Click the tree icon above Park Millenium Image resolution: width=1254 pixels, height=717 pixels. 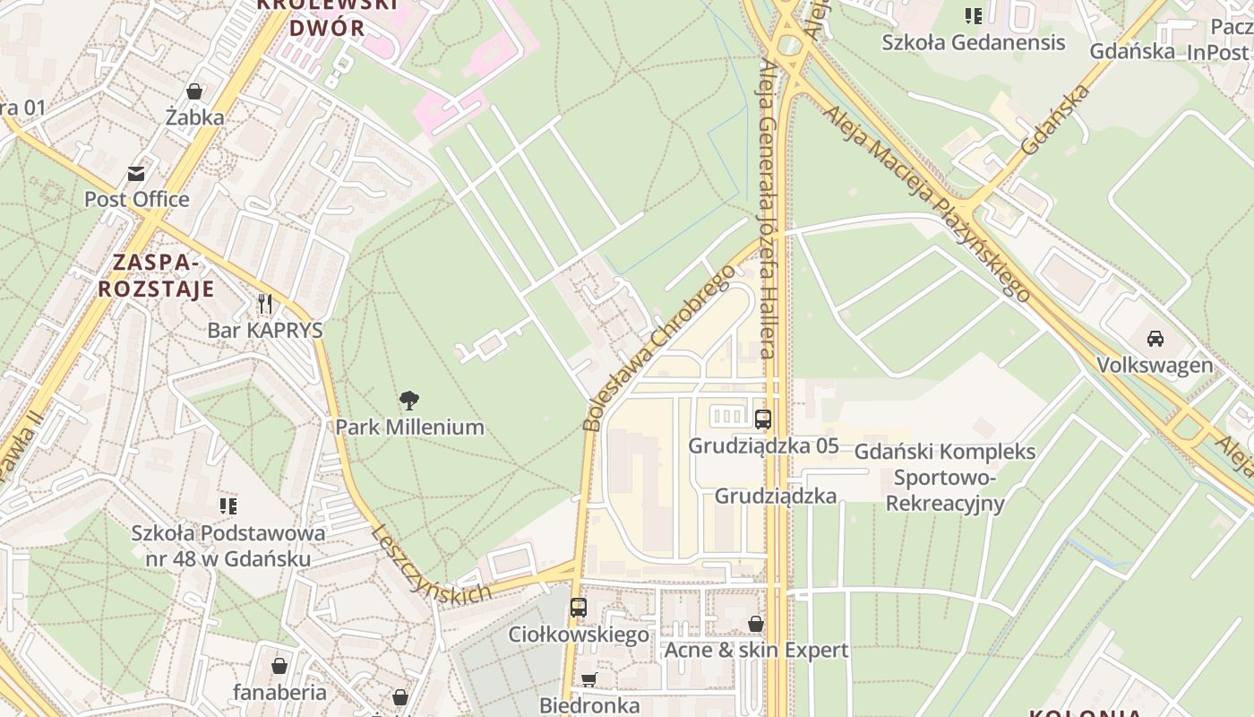tap(409, 400)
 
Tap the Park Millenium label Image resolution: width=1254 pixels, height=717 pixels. tap(409, 427)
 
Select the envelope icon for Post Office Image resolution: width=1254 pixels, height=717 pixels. tap(136, 173)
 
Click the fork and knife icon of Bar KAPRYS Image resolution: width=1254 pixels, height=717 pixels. tap(264, 303)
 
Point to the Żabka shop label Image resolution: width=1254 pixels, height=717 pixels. tap(194, 117)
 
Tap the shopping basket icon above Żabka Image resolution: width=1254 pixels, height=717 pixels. tap(193, 91)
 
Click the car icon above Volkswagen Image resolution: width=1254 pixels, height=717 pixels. tap(1155, 339)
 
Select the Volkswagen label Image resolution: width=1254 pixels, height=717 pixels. tap(1155, 365)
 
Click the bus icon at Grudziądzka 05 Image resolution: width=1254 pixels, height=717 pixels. tap(763, 419)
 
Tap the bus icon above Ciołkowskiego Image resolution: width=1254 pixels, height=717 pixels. tap(579, 607)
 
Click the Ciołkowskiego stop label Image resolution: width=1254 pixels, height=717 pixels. tap(579, 635)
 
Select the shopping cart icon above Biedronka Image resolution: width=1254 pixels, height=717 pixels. tap(588, 679)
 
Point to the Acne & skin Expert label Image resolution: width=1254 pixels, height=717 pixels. tap(756, 650)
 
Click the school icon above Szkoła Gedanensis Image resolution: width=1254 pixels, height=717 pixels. tap(974, 15)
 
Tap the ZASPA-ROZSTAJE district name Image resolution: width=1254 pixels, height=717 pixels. tap(156, 275)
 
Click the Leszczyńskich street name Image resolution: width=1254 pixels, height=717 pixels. tap(432, 564)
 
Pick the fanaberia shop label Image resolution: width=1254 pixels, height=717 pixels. tap(279, 692)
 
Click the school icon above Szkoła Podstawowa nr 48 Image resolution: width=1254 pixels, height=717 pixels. tap(228, 506)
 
